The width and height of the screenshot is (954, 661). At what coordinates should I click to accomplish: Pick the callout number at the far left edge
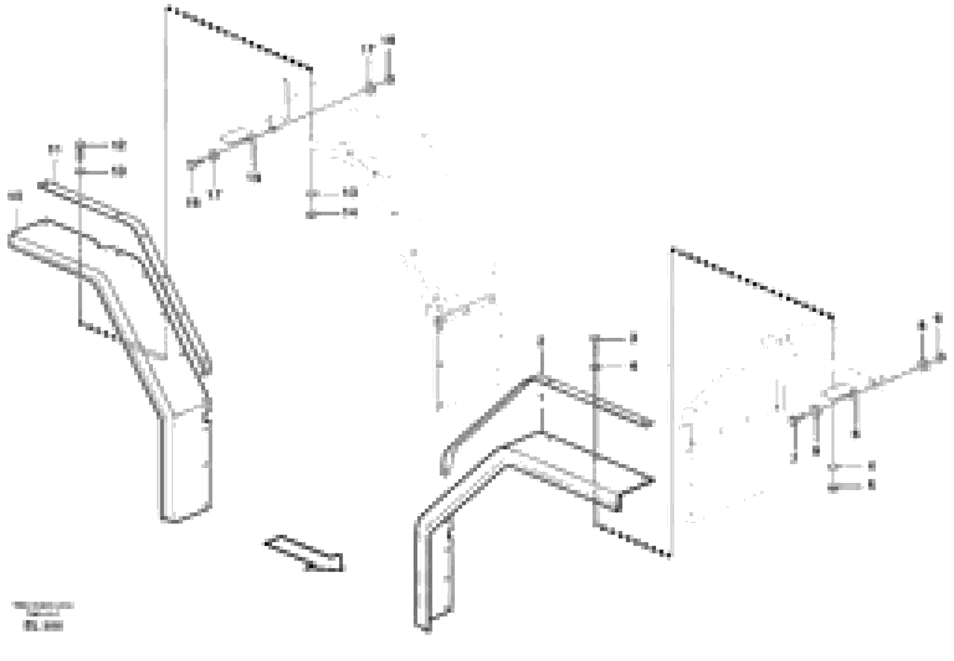pos(15,195)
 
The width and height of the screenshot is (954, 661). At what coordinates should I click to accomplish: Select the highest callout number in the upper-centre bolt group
pos(388,40)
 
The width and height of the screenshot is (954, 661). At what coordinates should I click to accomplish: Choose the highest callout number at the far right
pos(938,318)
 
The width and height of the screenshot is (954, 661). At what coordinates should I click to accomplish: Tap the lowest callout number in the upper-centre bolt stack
pos(350,213)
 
